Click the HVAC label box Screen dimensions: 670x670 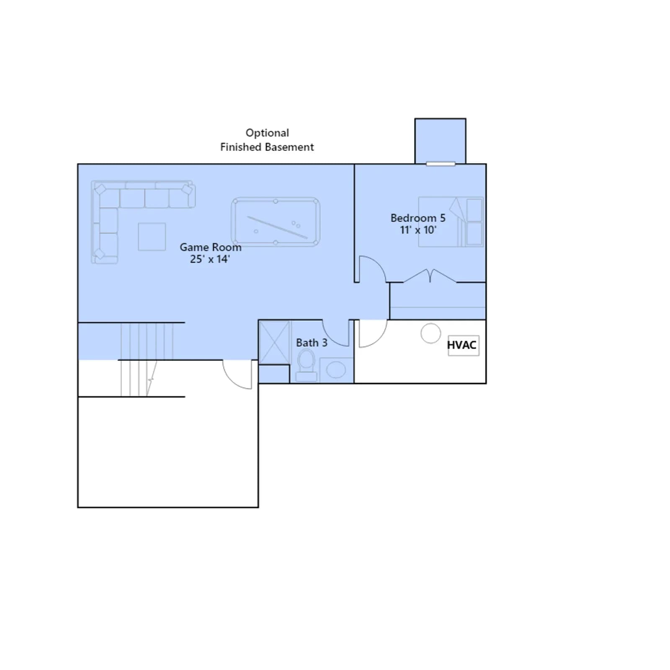pos(463,345)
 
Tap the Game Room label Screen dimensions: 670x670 pos(211,247)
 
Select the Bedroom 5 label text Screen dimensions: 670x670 pos(418,218)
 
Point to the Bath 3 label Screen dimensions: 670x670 pos(312,343)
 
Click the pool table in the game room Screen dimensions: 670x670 pos(276,222)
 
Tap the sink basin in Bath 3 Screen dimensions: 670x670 pos(336,370)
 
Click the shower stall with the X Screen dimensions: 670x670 pos(274,343)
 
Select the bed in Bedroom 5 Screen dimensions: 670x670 pos(451,222)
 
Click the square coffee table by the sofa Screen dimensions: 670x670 pos(152,237)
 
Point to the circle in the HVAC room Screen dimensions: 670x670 pos(431,333)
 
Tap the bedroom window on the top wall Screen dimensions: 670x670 pos(441,164)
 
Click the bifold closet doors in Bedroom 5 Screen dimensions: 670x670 pos(430,276)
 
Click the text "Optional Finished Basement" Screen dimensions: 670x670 pos(267,140)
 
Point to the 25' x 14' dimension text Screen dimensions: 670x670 pos(210,259)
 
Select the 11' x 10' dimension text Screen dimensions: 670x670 pos(418,230)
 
